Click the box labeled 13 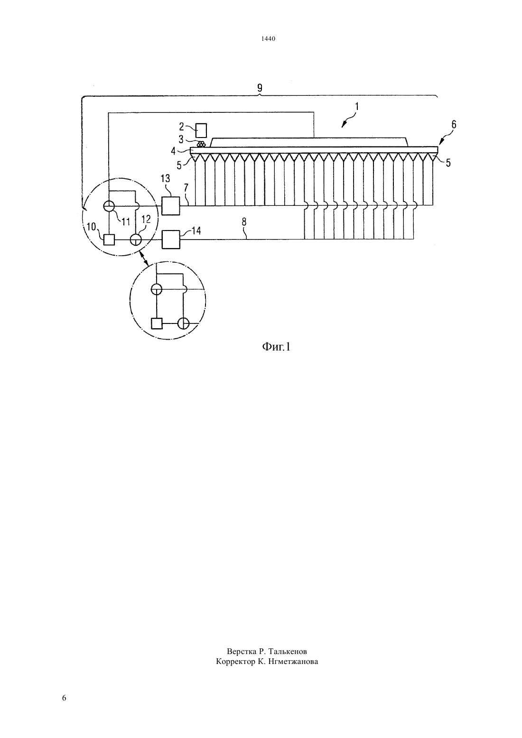click(x=171, y=206)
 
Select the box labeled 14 click(x=171, y=240)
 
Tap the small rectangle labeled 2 click(x=201, y=130)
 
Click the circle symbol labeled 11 click(x=108, y=206)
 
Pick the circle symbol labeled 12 click(x=136, y=240)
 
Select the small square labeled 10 click(x=109, y=240)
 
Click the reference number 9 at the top click(x=260, y=88)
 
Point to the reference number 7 click(x=186, y=188)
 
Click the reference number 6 click(x=454, y=125)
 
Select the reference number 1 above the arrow click(x=356, y=107)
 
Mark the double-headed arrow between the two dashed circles click(x=144, y=258)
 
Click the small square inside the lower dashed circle click(x=157, y=323)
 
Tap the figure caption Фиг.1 click(x=276, y=347)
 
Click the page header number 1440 click(x=268, y=39)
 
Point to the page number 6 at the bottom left click(x=64, y=698)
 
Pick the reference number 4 click(x=173, y=151)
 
